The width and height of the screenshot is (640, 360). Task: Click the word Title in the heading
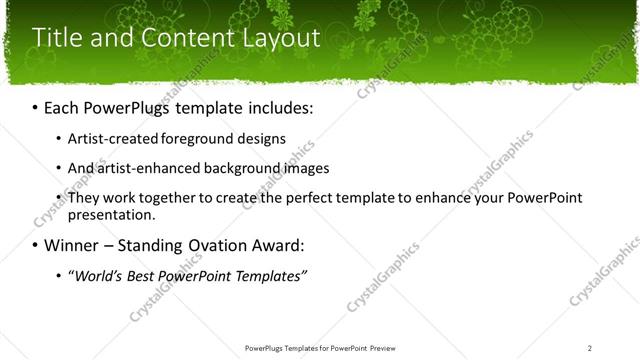click(59, 39)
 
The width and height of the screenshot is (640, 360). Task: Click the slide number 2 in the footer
click(590, 348)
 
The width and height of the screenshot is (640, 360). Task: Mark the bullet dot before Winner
click(36, 246)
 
